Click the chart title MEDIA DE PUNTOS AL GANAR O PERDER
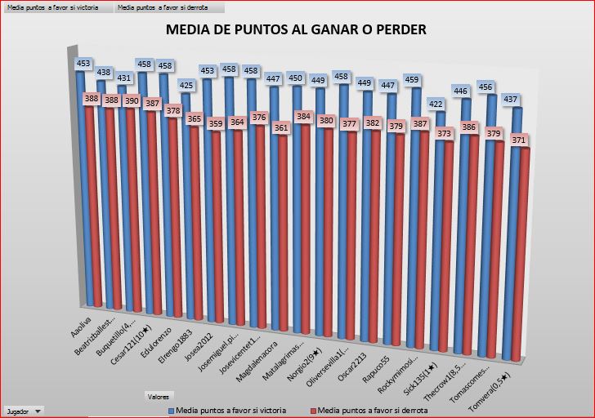(x=296, y=30)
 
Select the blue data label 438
(x=104, y=73)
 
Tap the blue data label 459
(x=415, y=80)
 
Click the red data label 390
(x=132, y=100)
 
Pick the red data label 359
(x=216, y=124)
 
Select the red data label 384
(x=304, y=117)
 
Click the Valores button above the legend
(x=158, y=397)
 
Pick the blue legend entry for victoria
(x=226, y=411)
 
